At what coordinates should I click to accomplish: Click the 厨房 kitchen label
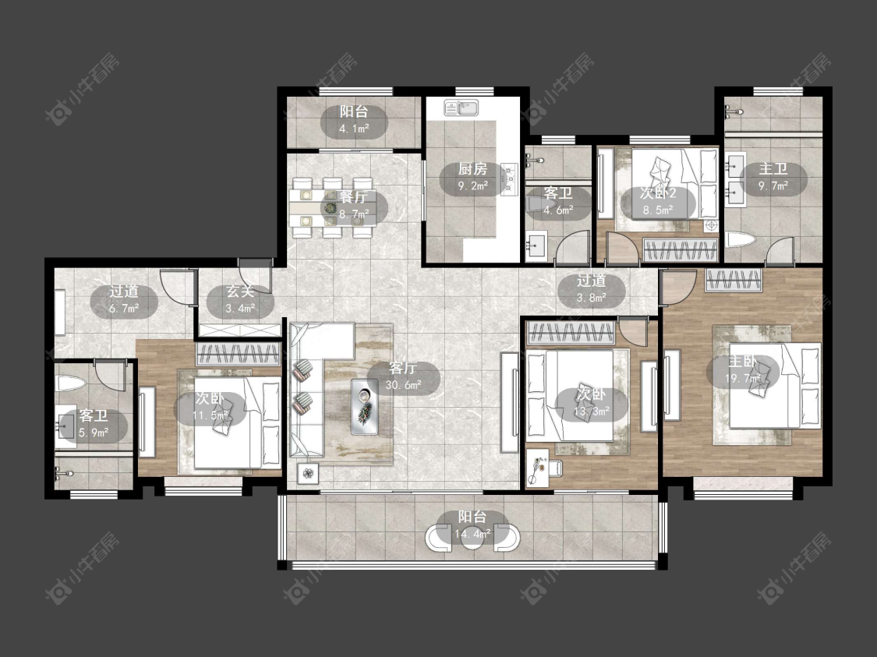(472, 168)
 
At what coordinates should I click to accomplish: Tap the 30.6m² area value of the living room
(403, 385)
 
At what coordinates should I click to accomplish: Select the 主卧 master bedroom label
(742, 361)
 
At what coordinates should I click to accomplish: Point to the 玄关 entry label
(241, 291)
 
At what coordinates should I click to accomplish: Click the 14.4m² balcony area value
(472, 534)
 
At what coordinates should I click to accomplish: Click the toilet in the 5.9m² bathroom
(70, 384)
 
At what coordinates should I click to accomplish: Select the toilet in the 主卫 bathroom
(741, 241)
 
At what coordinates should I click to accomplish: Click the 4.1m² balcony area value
(354, 129)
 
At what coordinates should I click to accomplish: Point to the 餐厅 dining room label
(353, 197)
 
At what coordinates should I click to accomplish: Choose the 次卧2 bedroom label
(658, 193)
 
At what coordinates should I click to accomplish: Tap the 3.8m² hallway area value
(592, 298)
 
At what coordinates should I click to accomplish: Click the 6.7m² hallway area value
(124, 308)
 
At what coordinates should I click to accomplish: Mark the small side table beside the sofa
(308, 474)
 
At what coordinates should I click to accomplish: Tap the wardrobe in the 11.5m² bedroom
(239, 354)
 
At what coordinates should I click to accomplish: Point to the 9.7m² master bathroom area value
(773, 185)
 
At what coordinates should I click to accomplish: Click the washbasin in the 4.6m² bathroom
(537, 245)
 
